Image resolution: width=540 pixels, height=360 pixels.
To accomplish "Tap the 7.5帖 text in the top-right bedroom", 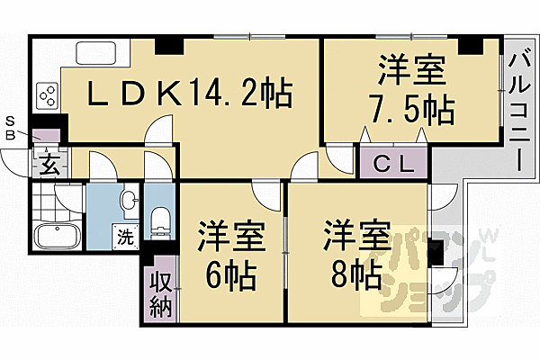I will [x=410, y=110].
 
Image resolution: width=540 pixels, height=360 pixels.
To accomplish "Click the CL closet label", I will [x=395, y=164].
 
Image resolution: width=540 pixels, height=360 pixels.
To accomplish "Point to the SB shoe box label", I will [x=11, y=127].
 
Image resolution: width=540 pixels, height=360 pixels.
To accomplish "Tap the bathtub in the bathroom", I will [x=58, y=238].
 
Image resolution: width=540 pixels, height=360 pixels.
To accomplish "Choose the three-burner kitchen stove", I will [x=47, y=94].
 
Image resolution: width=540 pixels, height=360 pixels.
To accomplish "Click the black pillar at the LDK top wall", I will [x=167, y=45].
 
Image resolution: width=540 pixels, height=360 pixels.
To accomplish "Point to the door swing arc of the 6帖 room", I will [x=266, y=191].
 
